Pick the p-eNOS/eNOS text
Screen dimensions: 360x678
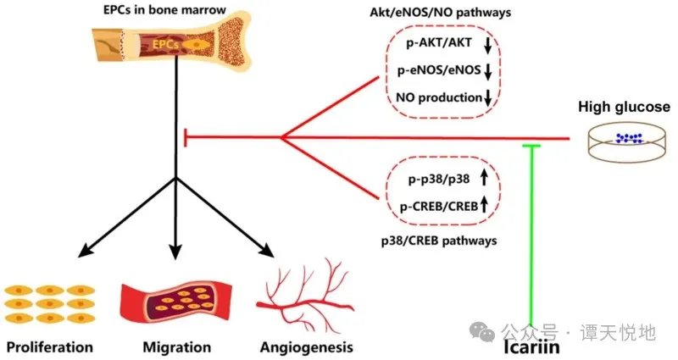tap(437, 71)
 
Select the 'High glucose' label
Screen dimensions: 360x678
tap(623, 107)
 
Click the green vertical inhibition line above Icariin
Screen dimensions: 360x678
tap(531, 237)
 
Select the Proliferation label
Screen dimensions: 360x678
tap(49, 346)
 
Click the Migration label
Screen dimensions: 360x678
tap(176, 346)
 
